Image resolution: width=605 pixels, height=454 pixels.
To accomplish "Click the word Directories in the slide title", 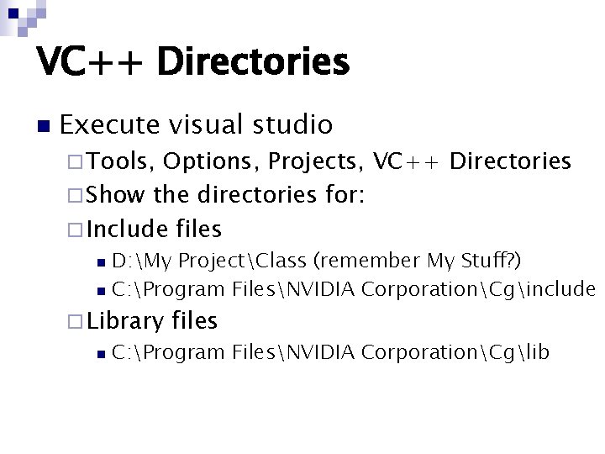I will (x=252, y=61).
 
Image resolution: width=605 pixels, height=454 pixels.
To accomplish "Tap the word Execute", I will (x=109, y=125).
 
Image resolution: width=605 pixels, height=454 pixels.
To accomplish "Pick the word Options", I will (x=203, y=161).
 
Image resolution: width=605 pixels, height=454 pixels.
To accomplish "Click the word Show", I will (x=115, y=194).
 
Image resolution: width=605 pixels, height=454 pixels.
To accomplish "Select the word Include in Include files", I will (x=129, y=228).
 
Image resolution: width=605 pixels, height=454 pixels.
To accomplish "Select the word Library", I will (x=126, y=320).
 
